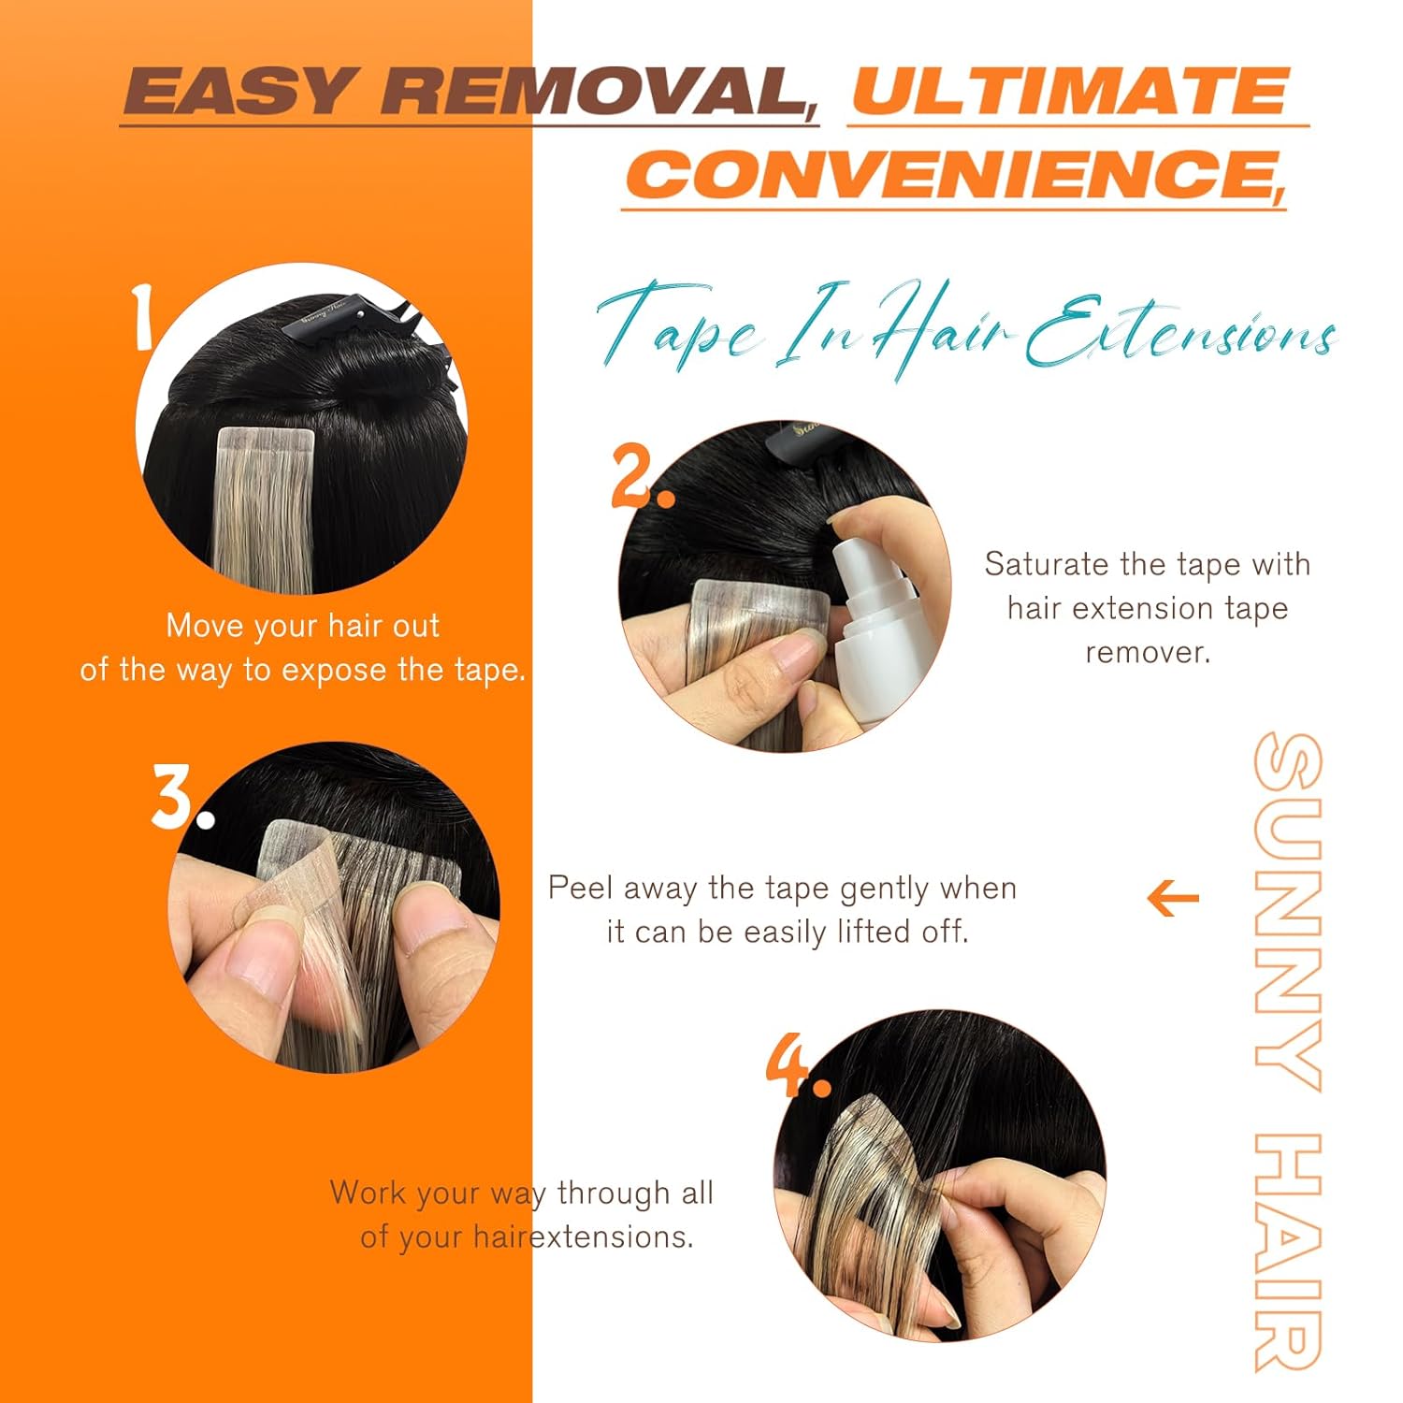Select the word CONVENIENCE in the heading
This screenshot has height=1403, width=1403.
(x=954, y=174)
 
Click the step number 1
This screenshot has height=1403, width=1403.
(x=143, y=318)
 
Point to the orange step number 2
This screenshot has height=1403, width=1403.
(x=643, y=476)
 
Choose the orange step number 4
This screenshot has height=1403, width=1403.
(x=798, y=1065)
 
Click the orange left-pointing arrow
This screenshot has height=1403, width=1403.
(x=1173, y=899)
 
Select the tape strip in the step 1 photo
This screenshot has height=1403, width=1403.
(x=263, y=510)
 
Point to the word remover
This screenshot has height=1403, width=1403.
(x=1148, y=652)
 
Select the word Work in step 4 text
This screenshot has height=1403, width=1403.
(x=368, y=1193)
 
